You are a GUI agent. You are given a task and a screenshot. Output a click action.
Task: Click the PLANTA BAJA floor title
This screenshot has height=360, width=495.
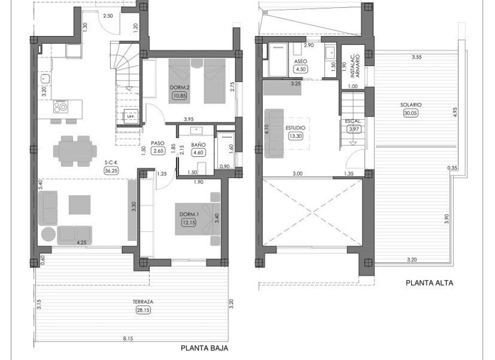(204, 348)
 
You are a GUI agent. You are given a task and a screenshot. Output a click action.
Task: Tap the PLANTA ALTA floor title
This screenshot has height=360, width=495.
(429, 283)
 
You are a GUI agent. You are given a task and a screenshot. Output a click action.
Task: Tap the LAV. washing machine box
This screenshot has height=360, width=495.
(130, 116)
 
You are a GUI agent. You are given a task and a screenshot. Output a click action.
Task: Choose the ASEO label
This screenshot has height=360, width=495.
(299, 62)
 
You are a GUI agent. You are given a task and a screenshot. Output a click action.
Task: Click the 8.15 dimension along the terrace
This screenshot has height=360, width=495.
(128, 339)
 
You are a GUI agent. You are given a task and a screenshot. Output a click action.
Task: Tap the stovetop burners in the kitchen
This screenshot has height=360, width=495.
(61, 105)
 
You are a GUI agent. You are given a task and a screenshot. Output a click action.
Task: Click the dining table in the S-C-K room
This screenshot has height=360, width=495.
(75, 150)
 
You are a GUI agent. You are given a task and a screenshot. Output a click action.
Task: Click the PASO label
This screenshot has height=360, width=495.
(156, 143)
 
